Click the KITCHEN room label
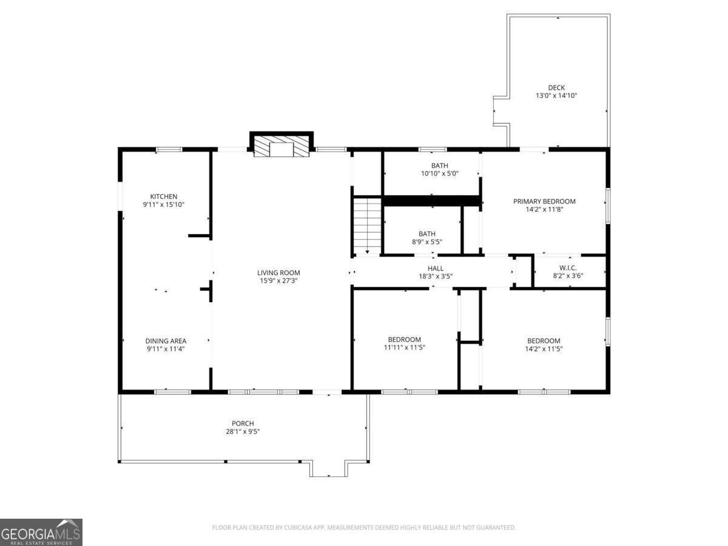[164, 196]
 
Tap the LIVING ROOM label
[278, 272]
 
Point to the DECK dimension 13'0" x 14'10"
[556, 96]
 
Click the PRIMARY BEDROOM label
[544, 201]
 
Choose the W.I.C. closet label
[567, 268]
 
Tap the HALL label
[435, 268]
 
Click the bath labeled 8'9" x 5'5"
[426, 237]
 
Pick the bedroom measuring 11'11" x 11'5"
[404, 343]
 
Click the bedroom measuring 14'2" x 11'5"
[543, 345]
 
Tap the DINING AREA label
[165, 341]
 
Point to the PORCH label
[243, 423]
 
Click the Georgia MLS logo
[41, 532]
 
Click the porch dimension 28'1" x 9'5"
[243, 432]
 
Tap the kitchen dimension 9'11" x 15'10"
[164, 205]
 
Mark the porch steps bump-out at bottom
[328, 468]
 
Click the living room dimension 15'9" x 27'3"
[278, 281]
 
